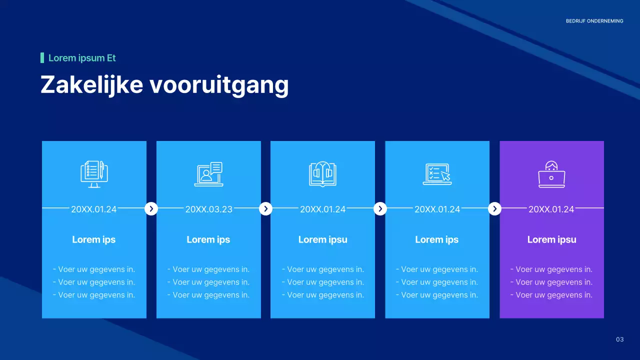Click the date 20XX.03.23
(x=209, y=209)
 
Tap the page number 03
(x=619, y=340)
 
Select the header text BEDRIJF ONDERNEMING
(x=594, y=21)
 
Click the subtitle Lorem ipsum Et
(x=82, y=58)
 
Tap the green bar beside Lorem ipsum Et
(x=42, y=58)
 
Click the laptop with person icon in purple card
(x=551, y=174)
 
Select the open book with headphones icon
(x=322, y=174)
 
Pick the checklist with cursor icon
(x=437, y=174)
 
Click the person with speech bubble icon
(x=208, y=174)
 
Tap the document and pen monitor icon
(x=94, y=174)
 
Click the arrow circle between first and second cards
(x=151, y=208)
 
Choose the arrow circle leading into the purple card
(x=494, y=208)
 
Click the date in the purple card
(x=551, y=209)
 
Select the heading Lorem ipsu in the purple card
(x=551, y=239)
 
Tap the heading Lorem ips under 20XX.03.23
(x=208, y=239)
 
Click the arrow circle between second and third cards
(x=265, y=208)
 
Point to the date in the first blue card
(x=94, y=209)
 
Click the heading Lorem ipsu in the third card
(x=322, y=239)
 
